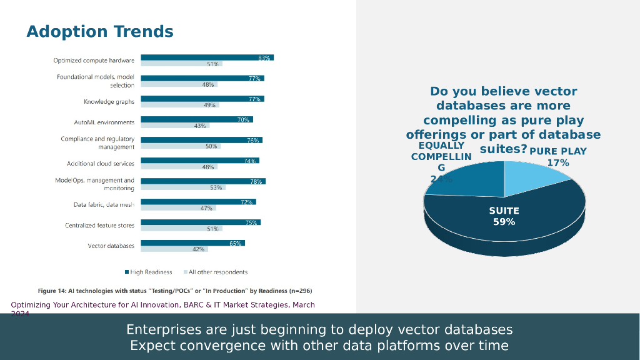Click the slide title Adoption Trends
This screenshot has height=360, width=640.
pos(100,32)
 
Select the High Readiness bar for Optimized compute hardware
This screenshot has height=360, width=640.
pos(207,57)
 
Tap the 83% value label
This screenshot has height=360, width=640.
pos(264,58)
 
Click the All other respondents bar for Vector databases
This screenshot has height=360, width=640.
pos(174,249)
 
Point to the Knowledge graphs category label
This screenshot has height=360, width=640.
pos(109,102)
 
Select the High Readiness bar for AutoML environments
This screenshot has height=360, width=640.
pos(196,119)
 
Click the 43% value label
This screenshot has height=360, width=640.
pos(200,126)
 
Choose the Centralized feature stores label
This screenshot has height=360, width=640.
pos(99,225)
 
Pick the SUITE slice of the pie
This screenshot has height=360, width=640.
pos(504,216)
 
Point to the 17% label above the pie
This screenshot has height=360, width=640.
pos(558,163)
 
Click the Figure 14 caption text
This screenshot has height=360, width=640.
pos(175,291)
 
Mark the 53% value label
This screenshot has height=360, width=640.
pos(216,187)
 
